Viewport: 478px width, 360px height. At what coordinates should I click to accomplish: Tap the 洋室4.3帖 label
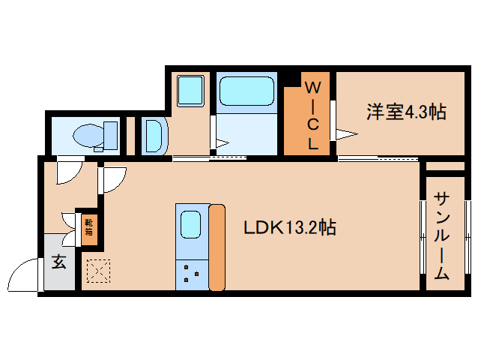406,112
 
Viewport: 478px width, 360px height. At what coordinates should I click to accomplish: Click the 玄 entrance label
58,262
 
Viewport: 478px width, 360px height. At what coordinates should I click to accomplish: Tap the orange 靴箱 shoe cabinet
88,226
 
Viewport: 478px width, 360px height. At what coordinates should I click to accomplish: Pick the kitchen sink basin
190,224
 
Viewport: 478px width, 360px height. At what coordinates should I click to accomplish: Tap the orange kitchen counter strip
217,247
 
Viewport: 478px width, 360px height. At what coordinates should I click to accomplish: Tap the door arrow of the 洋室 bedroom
346,134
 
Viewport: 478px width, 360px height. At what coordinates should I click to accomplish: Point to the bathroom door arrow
221,142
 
